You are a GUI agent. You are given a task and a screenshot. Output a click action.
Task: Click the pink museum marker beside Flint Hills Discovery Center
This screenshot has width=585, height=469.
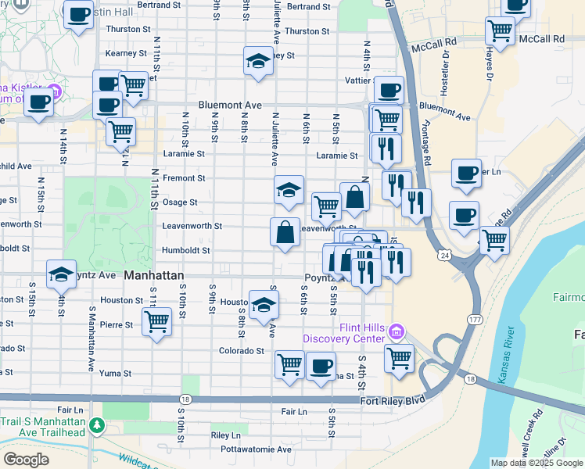click(x=397, y=333)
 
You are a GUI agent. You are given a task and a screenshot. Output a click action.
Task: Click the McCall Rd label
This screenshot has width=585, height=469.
click(x=542, y=38)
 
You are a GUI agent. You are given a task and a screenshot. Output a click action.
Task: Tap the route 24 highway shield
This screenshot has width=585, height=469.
click(x=444, y=255)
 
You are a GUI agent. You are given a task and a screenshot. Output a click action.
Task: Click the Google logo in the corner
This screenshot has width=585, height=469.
click(x=27, y=459)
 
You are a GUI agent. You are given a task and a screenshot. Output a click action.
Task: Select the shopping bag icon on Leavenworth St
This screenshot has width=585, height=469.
click(x=285, y=232)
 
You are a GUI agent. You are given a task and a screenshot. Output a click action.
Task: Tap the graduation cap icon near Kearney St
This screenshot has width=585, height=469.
click(x=257, y=61)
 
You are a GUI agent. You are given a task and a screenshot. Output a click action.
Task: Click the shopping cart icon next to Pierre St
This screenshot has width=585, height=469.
click(x=157, y=320)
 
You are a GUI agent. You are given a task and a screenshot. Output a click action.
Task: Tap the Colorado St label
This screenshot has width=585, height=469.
click(x=241, y=351)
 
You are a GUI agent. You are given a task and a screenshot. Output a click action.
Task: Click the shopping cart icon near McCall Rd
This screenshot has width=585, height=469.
click(x=501, y=33)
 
